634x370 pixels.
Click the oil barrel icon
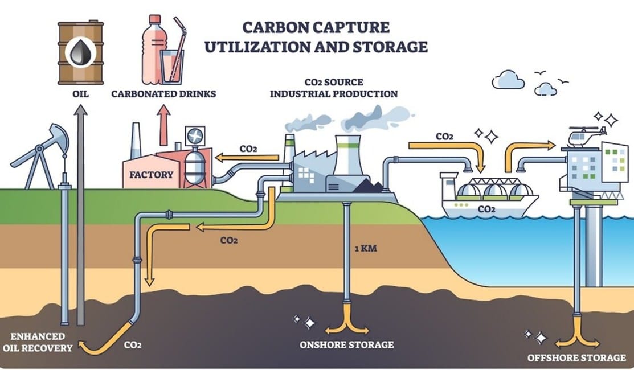click(81, 53)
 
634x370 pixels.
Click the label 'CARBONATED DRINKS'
click(163, 94)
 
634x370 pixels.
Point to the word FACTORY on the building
click(151, 175)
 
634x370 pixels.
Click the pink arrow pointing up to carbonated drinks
click(163, 125)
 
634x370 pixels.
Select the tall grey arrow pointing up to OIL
click(81, 215)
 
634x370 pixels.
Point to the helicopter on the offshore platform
click(587, 137)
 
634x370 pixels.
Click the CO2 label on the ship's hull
click(486, 209)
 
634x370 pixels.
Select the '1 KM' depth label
click(366, 248)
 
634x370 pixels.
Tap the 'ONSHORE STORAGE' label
click(346, 344)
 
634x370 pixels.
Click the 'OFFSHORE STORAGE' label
click(576, 358)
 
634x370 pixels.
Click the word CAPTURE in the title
click(350, 27)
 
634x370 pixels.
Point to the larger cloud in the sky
click(508, 80)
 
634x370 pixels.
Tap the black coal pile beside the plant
click(367, 186)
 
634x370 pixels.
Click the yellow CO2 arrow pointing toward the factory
click(247, 158)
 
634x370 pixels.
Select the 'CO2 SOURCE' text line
click(334, 83)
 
